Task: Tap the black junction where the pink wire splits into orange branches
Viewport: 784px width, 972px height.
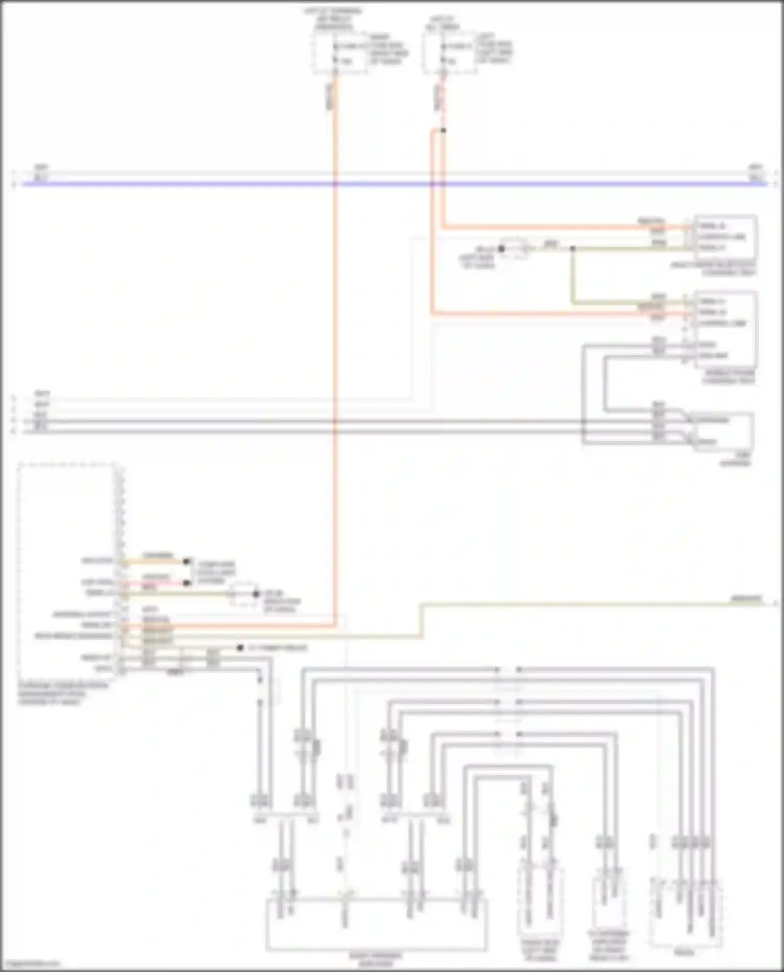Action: click(x=443, y=130)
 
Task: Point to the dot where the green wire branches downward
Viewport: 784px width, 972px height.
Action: click(x=573, y=249)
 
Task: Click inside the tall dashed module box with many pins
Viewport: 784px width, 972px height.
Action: click(x=68, y=569)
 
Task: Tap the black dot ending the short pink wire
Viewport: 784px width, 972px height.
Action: click(x=187, y=583)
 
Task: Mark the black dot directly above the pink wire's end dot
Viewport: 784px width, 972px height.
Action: click(x=187, y=561)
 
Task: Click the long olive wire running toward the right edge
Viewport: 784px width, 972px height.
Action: click(x=575, y=605)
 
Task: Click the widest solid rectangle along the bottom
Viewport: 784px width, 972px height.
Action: click(x=376, y=924)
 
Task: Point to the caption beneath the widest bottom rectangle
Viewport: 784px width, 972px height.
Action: click(x=376, y=958)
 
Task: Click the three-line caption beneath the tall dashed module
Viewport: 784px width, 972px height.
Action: click(x=63, y=694)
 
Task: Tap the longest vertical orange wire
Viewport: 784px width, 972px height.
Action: click(x=335, y=366)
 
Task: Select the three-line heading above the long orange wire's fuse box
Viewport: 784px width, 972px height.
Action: click(x=333, y=19)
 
